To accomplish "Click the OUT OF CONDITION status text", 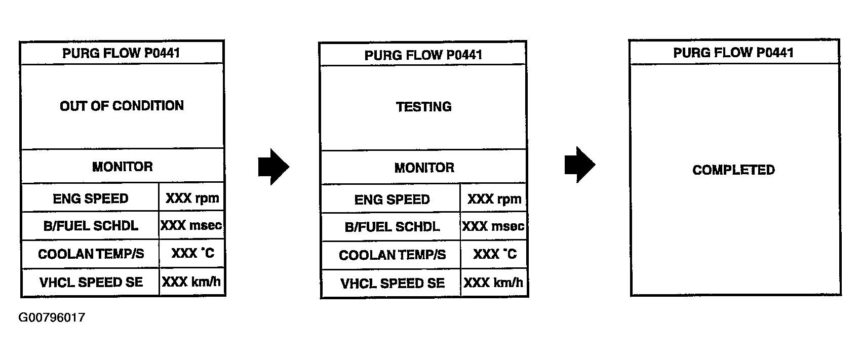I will coord(122,106).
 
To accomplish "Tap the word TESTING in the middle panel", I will coord(423,107).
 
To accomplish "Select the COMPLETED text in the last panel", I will coord(733,170).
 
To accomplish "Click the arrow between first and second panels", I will coord(273,167).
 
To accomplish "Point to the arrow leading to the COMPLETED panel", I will coord(580,165).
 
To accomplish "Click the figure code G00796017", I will coord(52,318).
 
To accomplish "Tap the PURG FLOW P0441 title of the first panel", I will coord(121,53).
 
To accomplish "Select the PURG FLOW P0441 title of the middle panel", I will coord(423,55).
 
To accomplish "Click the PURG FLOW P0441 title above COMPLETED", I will coord(733,53).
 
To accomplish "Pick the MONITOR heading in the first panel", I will coord(122,167).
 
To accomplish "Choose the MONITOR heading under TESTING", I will coord(424,168).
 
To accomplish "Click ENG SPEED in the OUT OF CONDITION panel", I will coord(91,198).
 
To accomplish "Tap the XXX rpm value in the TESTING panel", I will coord(494,199).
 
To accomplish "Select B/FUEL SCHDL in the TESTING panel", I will coord(392,227).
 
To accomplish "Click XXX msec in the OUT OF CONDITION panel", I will coord(191,225).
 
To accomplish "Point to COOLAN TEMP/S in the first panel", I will coord(91,254).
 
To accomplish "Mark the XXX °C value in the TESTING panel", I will coord(494,254).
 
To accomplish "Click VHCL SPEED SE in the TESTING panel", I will coord(392,283).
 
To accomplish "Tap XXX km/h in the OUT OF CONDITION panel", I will coord(191,282).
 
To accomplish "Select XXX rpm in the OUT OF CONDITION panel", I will coord(192,198).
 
